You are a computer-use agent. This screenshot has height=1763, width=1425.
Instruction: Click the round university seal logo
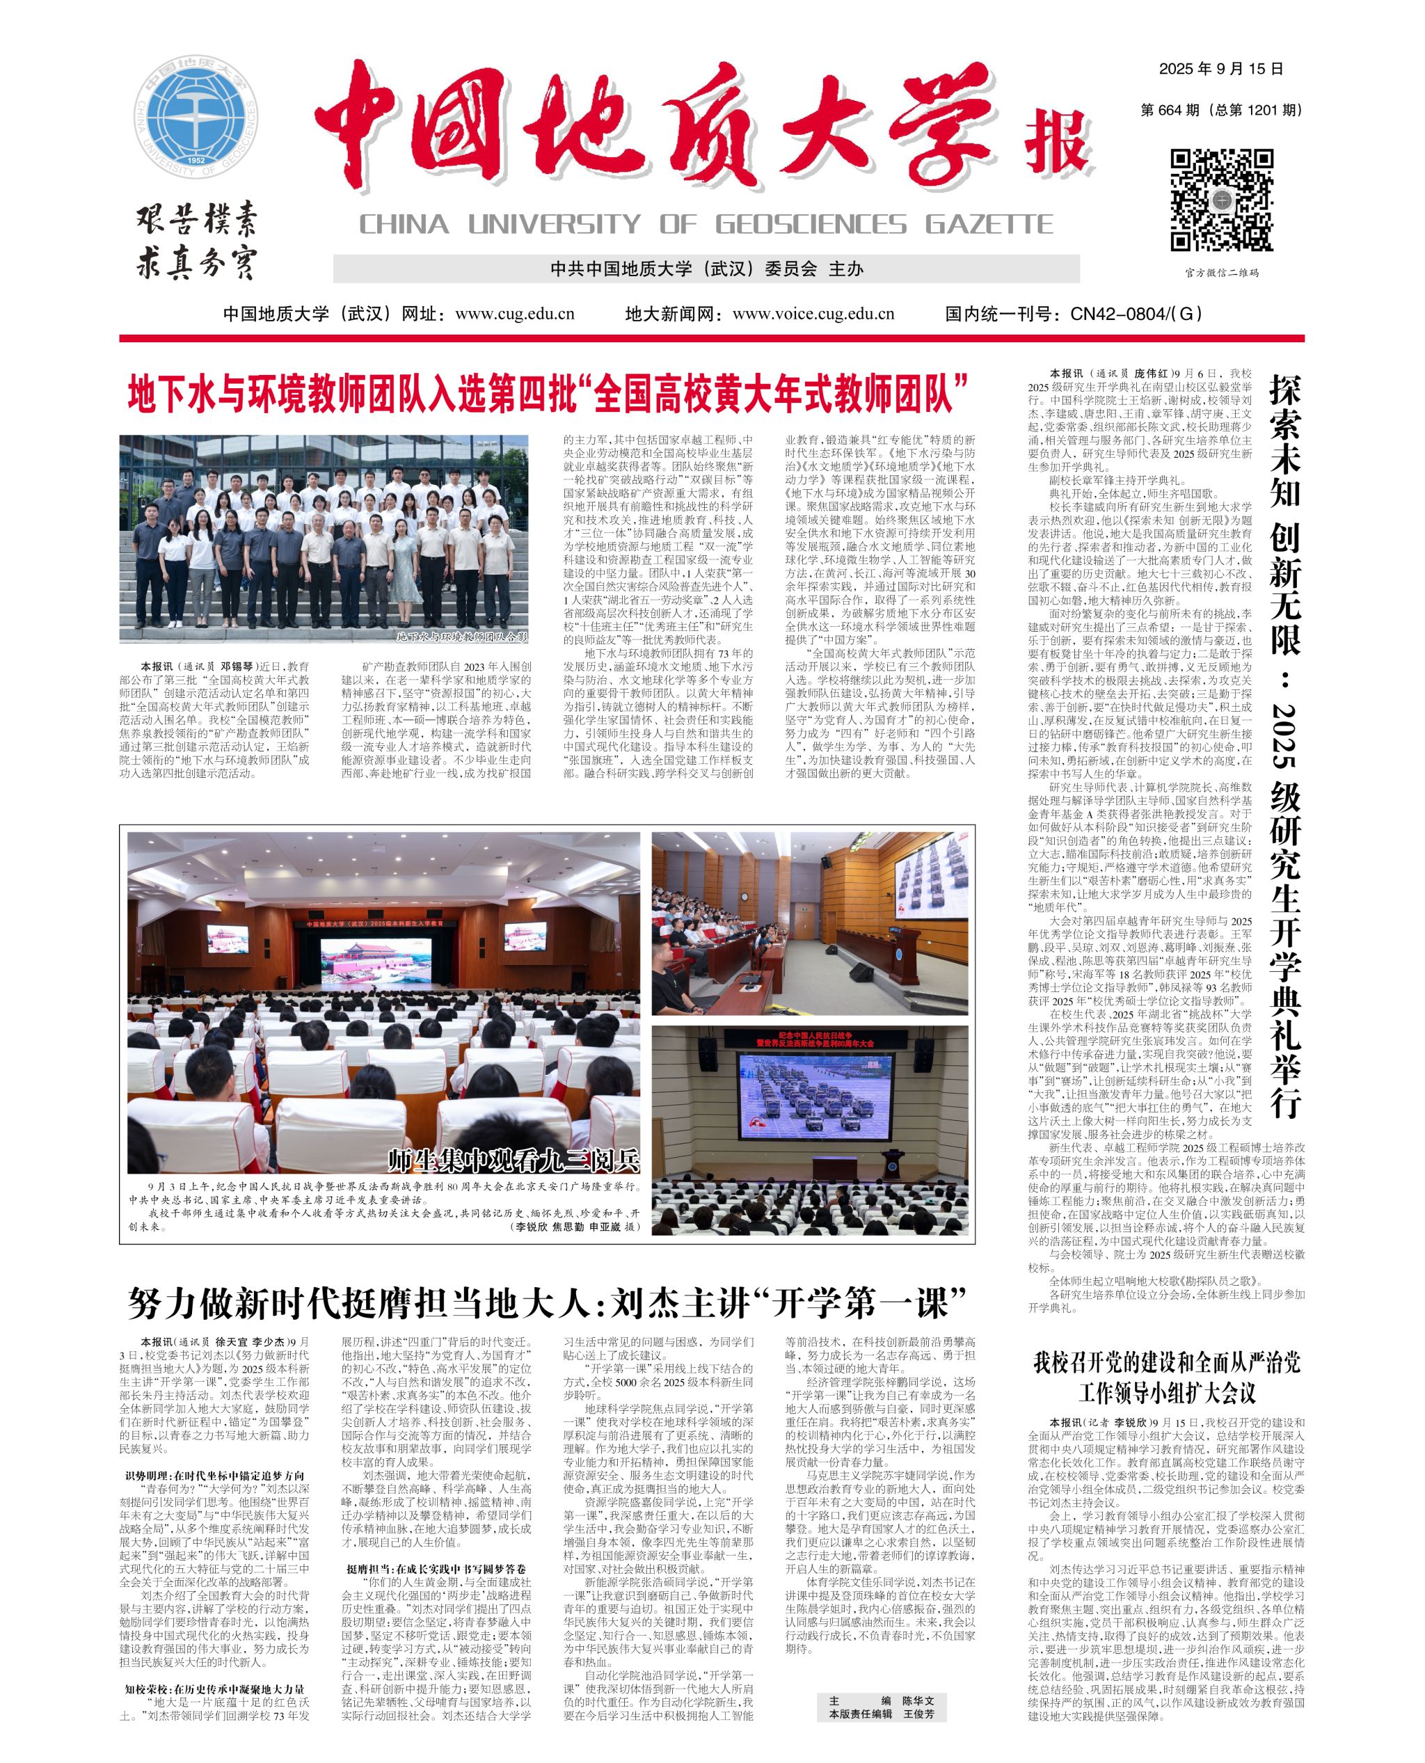pos(196,117)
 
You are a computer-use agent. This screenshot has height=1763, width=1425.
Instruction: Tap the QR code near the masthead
pos(1221,200)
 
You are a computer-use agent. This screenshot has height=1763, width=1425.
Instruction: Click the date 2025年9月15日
pos(1220,69)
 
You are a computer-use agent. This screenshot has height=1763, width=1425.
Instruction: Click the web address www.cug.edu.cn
pos(515,314)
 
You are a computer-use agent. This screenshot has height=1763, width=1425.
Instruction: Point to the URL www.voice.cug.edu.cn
pos(813,314)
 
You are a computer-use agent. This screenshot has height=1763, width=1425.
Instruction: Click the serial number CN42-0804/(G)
pos(1136,314)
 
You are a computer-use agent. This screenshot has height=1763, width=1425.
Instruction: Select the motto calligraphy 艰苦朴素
pos(197,220)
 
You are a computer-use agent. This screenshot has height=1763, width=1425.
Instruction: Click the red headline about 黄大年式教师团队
pos(548,394)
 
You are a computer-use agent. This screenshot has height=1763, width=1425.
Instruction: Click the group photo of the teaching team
pos(324,539)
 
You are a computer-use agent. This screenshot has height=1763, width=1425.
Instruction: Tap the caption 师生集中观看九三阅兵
pos(513,1160)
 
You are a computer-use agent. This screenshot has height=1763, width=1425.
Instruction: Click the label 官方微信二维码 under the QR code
pos(1220,273)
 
